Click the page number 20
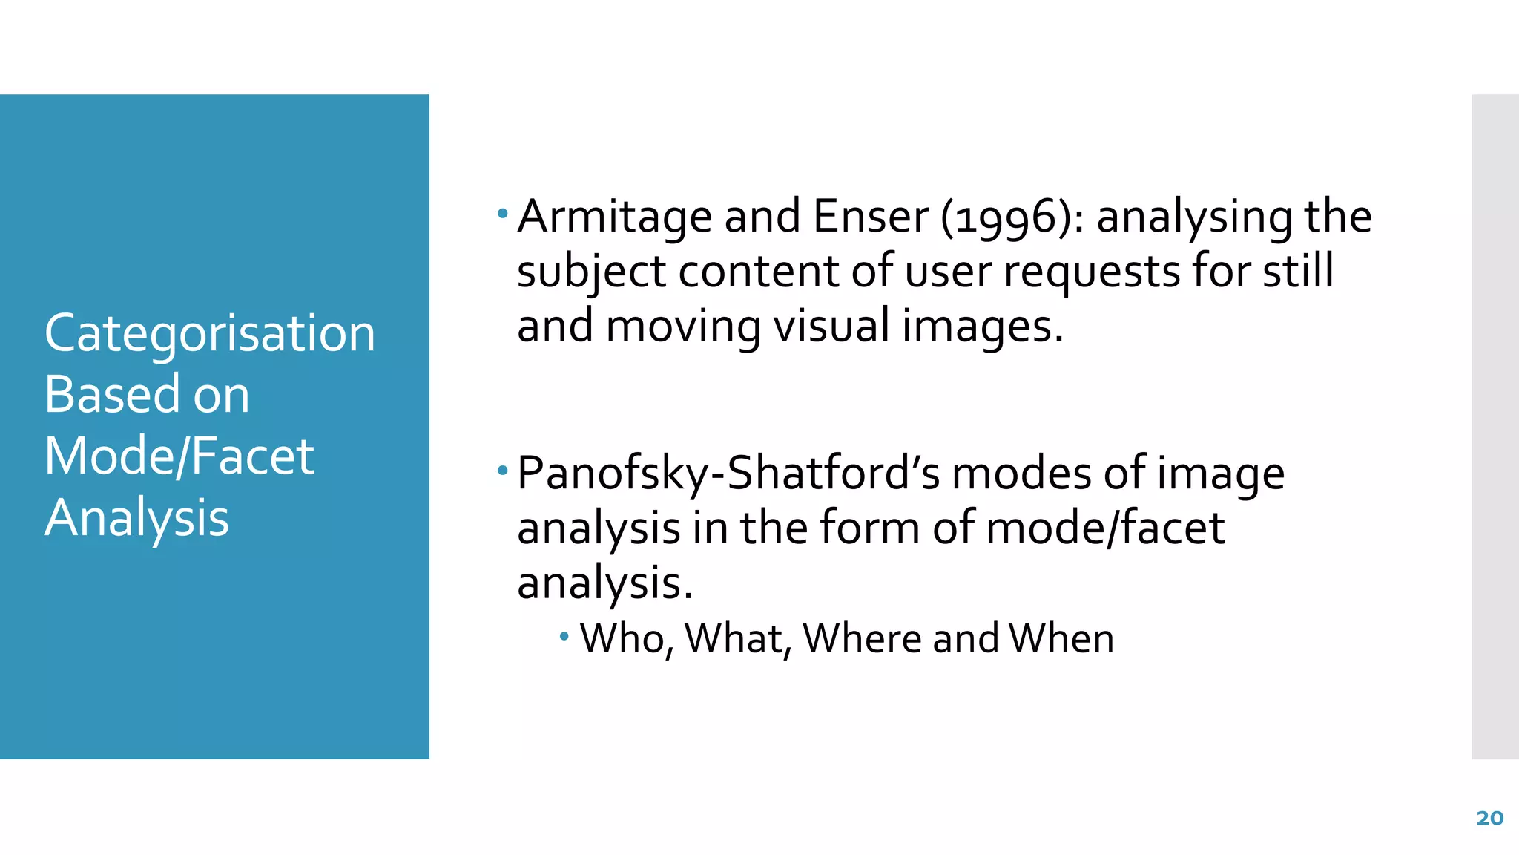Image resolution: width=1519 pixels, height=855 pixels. click(1489, 818)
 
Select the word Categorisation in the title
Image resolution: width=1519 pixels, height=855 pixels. click(210, 332)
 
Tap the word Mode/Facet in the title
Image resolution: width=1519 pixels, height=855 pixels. click(179, 456)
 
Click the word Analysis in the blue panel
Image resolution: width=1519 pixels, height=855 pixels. click(136, 517)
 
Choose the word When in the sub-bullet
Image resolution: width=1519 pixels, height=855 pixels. click(1061, 638)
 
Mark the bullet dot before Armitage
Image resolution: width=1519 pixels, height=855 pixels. click(503, 214)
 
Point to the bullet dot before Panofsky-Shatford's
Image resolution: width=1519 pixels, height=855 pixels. click(503, 471)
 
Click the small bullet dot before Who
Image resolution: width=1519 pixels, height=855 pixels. click(564, 636)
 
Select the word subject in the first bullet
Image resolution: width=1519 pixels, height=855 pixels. click(591, 272)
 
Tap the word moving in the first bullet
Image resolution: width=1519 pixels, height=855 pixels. click(683, 327)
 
